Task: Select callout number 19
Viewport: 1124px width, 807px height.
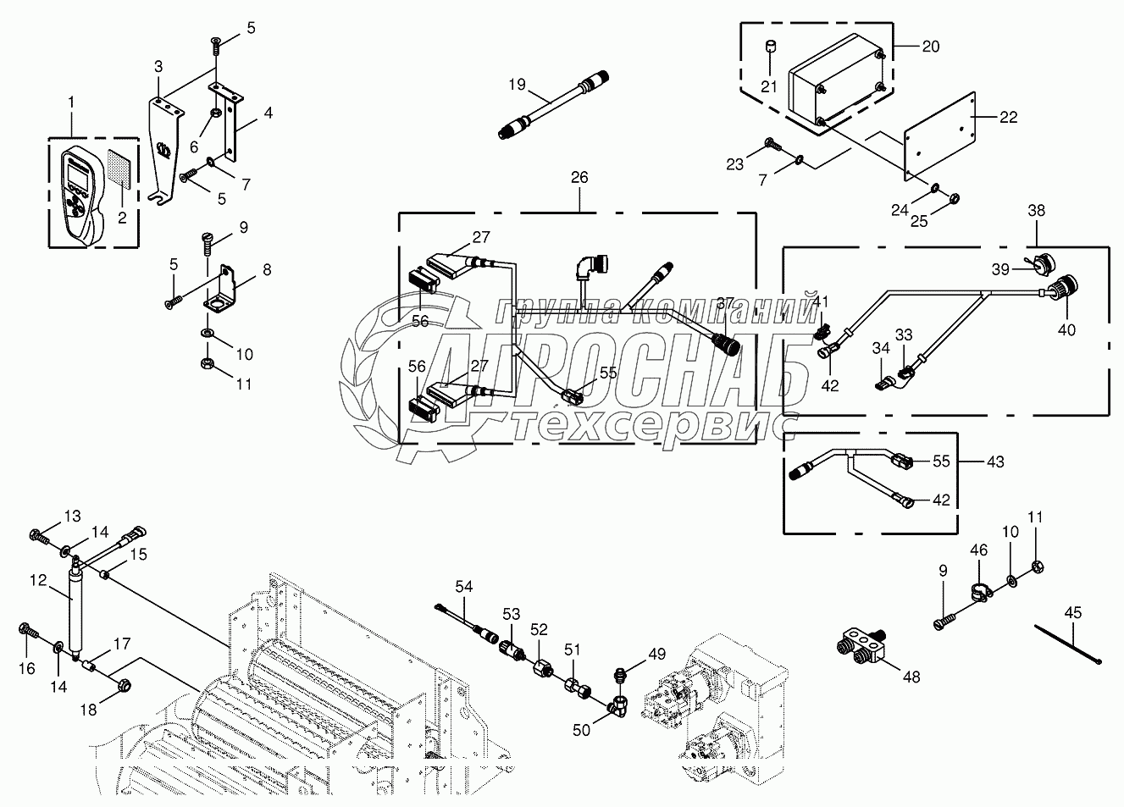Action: click(518, 85)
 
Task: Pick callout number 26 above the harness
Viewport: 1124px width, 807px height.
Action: click(579, 178)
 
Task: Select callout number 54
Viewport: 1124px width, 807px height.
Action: click(464, 586)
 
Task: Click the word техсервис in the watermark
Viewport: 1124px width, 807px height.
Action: click(656, 426)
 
